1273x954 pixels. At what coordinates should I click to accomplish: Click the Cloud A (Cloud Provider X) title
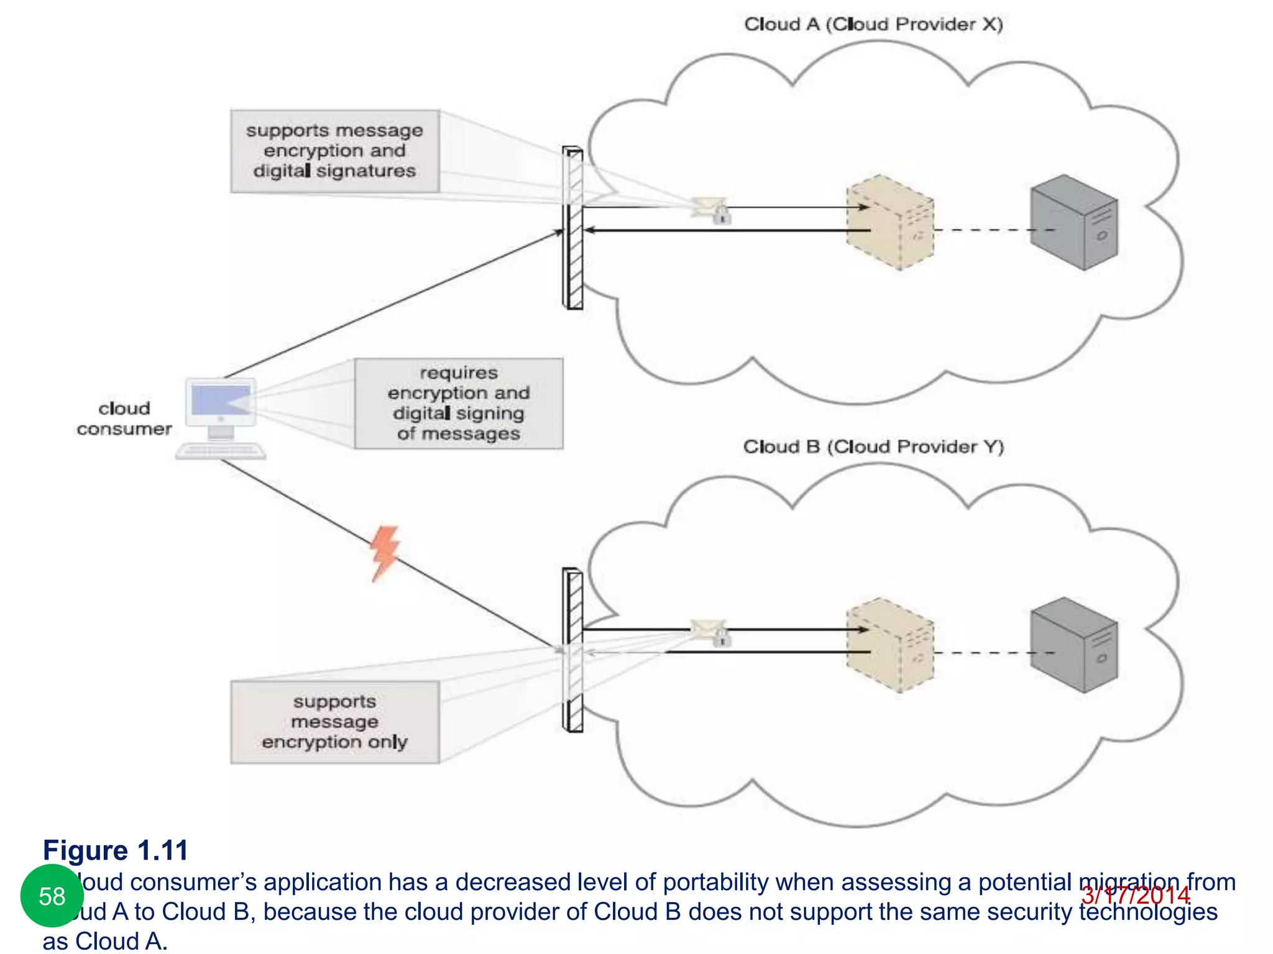[x=873, y=24]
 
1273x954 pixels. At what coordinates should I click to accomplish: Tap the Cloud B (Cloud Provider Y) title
[x=873, y=447]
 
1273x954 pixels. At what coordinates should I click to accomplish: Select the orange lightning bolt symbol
[x=385, y=553]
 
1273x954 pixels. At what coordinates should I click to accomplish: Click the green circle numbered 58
[x=52, y=896]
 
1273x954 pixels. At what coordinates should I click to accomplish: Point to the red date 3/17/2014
[x=1135, y=896]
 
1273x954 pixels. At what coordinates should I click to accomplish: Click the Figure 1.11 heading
[x=116, y=850]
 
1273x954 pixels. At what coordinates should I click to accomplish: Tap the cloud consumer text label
[x=124, y=419]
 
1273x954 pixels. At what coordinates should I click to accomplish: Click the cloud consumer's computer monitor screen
[x=221, y=400]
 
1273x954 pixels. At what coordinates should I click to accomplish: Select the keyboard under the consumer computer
[x=221, y=451]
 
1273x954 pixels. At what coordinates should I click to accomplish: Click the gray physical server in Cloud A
[x=1073, y=222]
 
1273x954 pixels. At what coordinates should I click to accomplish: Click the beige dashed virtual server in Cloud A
[x=890, y=222]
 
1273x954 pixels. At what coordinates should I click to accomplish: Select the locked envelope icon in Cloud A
[x=711, y=209]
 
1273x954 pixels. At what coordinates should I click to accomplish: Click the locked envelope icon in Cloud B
[x=710, y=632]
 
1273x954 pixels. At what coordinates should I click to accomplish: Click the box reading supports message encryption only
[x=335, y=722]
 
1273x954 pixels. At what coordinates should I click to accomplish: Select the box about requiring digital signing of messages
[x=459, y=403]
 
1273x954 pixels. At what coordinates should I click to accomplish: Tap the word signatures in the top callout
[x=365, y=171]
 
